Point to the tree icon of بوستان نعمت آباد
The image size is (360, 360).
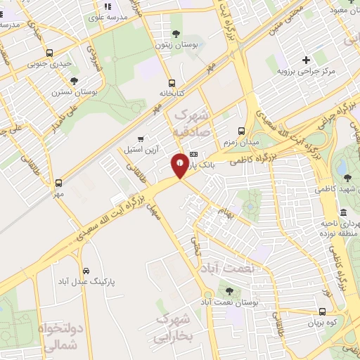click(229, 290)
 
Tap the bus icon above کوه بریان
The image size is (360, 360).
click(322, 311)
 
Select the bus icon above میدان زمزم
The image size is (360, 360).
click(241, 131)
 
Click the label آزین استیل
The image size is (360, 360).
click(141, 150)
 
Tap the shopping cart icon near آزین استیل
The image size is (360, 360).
click(141, 139)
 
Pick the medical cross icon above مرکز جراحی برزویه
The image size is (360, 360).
click(305, 60)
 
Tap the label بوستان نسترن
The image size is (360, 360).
click(74, 91)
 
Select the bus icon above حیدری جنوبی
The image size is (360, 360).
click(49, 53)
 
